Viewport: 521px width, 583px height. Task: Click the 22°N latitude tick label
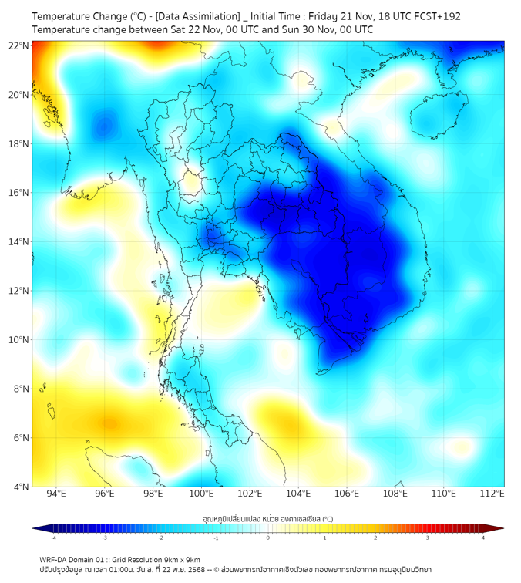(18, 45)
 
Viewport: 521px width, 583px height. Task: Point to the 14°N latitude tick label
(18, 241)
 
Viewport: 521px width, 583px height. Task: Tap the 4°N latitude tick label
(21, 487)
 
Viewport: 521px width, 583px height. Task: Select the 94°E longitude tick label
(56, 494)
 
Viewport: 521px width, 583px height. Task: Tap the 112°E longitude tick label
(492, 494)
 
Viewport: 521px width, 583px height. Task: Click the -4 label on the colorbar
(52, 538)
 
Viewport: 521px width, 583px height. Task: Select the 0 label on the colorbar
(268, 538)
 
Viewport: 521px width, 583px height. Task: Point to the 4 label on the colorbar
(482, 538)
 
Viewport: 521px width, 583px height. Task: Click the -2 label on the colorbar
(160, 538)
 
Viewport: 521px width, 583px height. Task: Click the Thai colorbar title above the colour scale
(267, 519)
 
